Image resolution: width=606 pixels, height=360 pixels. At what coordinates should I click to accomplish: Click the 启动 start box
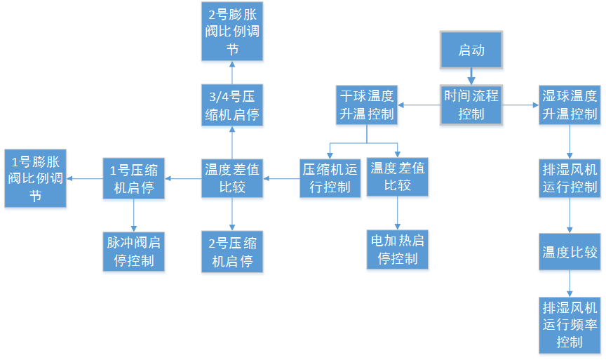[x=471, y=51]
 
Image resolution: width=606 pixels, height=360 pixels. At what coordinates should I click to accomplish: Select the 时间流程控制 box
[x=471, y=105]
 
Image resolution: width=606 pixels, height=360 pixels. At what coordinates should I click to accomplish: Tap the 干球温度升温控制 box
[x=367, y=105]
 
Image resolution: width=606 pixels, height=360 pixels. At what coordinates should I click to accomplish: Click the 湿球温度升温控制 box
[x=570, y=105]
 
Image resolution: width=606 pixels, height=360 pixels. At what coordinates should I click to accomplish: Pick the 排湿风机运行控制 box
[x=570, y=179]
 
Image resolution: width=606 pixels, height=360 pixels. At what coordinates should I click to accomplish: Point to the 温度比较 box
[x=570, y=252]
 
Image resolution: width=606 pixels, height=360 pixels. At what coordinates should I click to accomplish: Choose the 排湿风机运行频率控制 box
[x=570, y=325]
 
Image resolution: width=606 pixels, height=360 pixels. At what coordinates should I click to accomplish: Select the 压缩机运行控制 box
[x=330, y=178]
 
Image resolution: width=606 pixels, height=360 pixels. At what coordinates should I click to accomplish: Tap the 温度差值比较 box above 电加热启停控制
[x=398, y=178]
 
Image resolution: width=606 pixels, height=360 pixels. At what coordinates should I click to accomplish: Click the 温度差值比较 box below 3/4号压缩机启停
[x=233, y=178]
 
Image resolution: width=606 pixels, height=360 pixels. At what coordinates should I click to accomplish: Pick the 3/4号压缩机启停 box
[x=233, y=107]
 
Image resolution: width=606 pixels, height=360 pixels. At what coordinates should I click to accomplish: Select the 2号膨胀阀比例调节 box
[x=233, y=32]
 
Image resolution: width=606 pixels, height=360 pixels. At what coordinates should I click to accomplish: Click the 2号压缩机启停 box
[x=233, y=253]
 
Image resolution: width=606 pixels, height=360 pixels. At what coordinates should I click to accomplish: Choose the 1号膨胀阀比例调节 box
[x=36, y=179]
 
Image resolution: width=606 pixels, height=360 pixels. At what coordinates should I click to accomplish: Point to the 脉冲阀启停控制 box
[x=135, y=253]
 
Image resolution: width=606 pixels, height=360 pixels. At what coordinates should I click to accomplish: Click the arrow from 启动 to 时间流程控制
[x=471, y=78]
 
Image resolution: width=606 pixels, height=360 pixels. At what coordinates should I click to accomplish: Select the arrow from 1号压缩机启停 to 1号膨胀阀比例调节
[x=86, y=178]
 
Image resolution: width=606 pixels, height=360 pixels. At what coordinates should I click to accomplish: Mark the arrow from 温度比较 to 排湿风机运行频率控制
[x=570, y=286]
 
